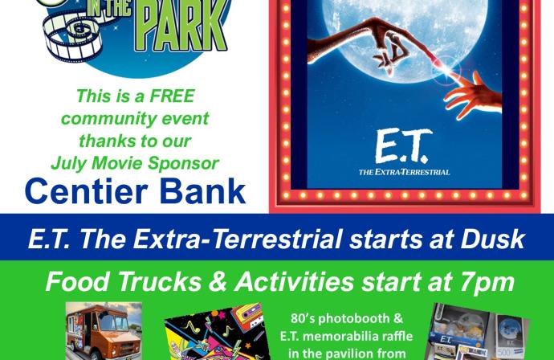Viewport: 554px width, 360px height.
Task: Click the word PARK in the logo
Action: tap(181, 26)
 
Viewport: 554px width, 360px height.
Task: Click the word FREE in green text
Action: tap(173, 96)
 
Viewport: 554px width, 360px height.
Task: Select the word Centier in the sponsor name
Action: tap(86, 191)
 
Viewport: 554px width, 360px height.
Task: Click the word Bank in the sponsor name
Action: tap(202, 191)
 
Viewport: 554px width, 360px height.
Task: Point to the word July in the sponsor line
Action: tap(68, 164)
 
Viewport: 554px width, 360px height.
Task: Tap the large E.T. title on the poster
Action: tap(404, 145)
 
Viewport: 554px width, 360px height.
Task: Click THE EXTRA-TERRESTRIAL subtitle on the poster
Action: tap(404, 172)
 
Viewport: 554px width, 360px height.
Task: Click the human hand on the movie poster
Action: tap(474, 96)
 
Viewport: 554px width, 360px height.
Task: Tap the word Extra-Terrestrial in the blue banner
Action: tap(238, 239)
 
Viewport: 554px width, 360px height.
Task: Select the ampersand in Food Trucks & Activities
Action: tap(218, 282)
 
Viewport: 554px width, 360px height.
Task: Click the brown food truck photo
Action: tap(104, 331)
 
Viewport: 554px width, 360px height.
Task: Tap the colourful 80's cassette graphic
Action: tap(217, 332)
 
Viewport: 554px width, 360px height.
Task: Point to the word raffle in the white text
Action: tap(395, 336)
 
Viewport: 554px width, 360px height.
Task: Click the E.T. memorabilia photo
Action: tap(479, 333)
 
